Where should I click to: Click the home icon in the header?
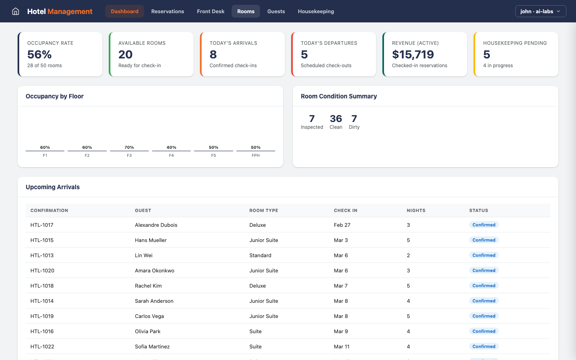click(x=16, y=11)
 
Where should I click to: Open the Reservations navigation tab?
click(x=168, y=11)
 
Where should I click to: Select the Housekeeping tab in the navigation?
click(x=316, y=11)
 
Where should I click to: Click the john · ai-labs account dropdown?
click(x=540, y=11)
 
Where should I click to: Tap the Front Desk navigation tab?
click(x=210, y=11)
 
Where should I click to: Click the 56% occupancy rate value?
click(x=40, y=54)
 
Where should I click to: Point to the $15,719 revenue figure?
click(x=413, y=54)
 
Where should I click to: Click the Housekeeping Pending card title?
click(x=514, y=43)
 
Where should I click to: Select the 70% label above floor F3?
click(x=129, y=148)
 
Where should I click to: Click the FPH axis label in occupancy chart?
click(x=256, y=156)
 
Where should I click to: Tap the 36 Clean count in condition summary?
click(x=336, y=119)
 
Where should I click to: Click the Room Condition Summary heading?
click(x=338, y=96)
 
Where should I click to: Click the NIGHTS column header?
click(x=416, y=210)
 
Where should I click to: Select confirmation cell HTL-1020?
click(x=42, y=271)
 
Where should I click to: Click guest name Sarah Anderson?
click(x=154, y=301)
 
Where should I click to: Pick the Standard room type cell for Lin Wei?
click(x=260, y=256)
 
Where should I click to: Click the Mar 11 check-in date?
click(x=342, y=347)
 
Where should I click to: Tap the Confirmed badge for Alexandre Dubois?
click(x=484, y=225)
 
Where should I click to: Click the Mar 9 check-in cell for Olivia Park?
click(x=341, y=332)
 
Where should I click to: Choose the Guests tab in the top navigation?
click(x=276, y=11)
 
